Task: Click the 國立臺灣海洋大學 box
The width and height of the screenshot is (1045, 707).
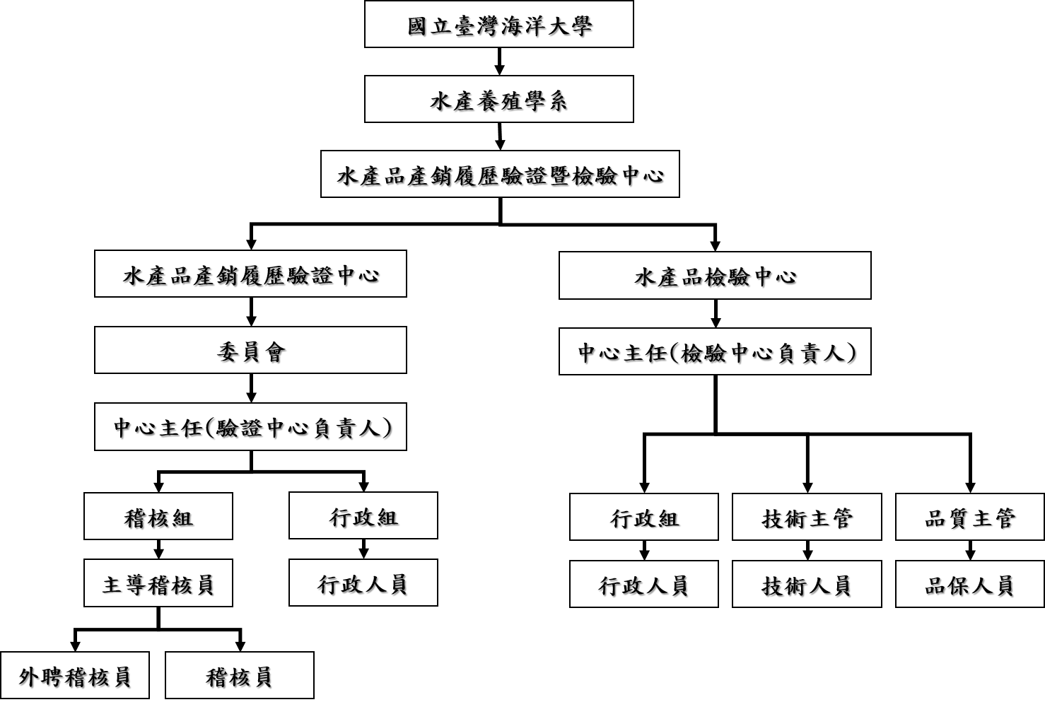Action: click(x=498, y=24)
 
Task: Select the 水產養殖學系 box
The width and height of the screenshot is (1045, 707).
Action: click(x=498, y=99)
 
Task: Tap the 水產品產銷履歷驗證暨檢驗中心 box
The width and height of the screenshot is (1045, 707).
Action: click(x=500, y=174)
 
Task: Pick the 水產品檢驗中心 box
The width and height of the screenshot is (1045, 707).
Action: click(x=715, y=276)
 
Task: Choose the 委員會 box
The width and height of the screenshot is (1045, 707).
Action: click(x=250, y=350)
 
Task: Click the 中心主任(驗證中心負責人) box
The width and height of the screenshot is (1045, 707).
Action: click(x=250, y=427)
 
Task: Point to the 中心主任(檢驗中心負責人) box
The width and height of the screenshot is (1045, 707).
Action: click(x=715, y=351)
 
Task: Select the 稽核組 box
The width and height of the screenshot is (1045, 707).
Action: click(x=158, y=516)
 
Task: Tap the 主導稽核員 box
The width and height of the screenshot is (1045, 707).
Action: click(x=158, y=583)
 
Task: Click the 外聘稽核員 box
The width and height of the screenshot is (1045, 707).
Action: click(x=75, y=675)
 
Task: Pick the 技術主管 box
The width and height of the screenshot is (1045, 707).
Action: click(x=807, y=517)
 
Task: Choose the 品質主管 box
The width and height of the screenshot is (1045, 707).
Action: click(x=970, y=517)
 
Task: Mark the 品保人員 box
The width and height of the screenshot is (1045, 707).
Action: click(x=970, y=584)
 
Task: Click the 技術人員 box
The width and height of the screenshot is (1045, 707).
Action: click(x=807, y=584)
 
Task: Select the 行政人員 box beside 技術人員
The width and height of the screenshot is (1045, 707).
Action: click(x=644, y=584)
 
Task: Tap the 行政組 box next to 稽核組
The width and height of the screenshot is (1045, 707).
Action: click(x=363, y=516)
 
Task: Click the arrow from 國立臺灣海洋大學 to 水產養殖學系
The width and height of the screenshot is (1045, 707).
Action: click(x=499, y=61)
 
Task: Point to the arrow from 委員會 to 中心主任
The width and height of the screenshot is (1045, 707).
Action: click(x=251, y=388)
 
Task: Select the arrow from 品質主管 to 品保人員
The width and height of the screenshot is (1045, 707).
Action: click(x=970, y=550)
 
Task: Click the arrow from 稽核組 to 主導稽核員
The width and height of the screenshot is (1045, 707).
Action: click(x=158, y=549)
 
